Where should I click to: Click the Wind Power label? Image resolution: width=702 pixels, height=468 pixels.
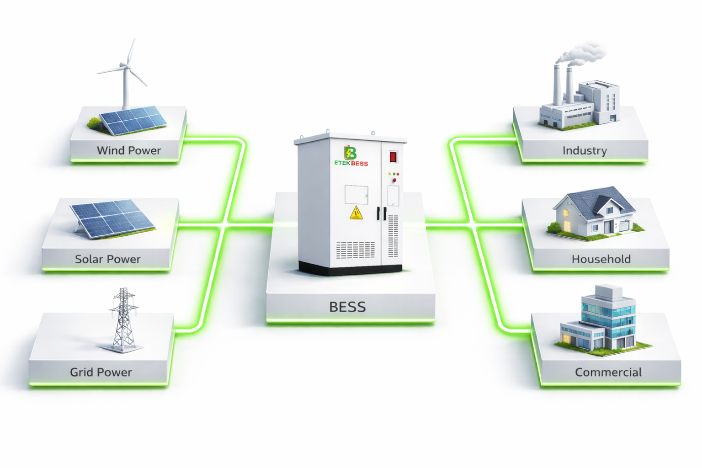pyautogui.click(x=129, y=150)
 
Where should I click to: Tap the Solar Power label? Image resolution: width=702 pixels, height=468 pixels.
pyautogui.click(x=108, y=259)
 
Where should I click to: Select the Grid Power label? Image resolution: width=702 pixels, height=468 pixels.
pyautogui.click(x=101, y=372)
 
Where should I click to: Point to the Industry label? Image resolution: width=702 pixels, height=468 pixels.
pyautogui.click(x=585, y=151)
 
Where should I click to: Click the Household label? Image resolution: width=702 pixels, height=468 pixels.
pyautogui.click(x=601, y=259)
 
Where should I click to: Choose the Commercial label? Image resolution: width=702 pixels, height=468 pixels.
pyautogui.click(x=608, y=372)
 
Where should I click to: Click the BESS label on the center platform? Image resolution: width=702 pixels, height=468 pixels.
pyautogui.click(x=347, y=307)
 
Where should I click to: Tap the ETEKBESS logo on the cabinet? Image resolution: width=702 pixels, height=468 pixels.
pyautogui.click(x=351, y=156)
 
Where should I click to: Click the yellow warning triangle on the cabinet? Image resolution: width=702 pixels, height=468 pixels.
pyautogui.click(x=356, y=213)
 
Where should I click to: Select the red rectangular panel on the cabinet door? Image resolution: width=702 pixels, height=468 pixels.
pyautogui.click(x=394, y=157)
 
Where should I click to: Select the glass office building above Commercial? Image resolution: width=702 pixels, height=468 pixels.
pyautogui.click(x=603, y=321)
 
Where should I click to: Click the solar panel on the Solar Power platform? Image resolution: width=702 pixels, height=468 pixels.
pyautogui.click(x=112, y=219)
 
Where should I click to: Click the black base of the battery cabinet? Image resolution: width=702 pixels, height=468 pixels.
pyautogui.click(x=350, y=268)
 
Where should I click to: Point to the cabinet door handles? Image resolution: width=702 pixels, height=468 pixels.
pyautogui.click(x=382, y=213)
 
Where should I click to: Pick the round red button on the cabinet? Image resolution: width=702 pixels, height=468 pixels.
pyautogui.click(x=394, y=180)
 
